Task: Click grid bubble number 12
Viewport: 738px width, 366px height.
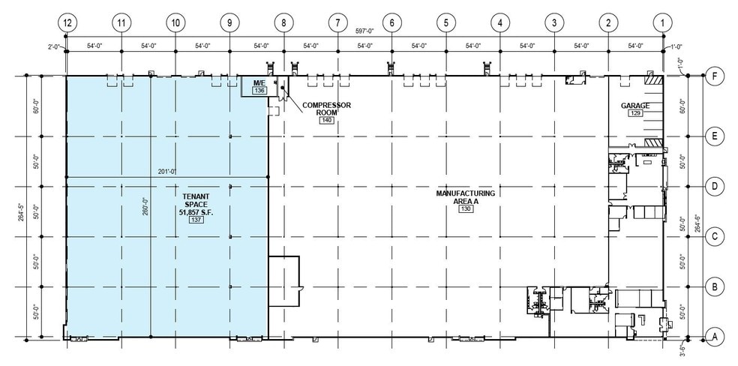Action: coord(68,22)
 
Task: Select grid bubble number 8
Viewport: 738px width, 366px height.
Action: coord(283,22)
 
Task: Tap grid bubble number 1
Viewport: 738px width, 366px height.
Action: coord(662,22)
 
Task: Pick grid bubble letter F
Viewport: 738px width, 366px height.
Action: coord(715,76)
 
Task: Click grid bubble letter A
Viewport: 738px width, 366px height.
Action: coord(715,337)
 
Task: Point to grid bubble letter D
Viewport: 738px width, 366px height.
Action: coord(715,186)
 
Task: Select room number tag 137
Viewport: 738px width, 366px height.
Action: coord(197,220)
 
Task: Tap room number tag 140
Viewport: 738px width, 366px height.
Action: coord(326,120)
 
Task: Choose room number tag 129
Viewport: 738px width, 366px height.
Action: coord(635,113)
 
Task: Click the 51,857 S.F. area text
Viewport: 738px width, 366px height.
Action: coord(196,212)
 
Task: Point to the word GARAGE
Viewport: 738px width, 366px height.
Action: coord(635,105)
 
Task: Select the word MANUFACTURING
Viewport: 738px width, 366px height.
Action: coord(466,193)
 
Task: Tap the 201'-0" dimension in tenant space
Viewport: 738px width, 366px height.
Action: coord(166,171)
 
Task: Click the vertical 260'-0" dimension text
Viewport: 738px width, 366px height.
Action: coord(145,205)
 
